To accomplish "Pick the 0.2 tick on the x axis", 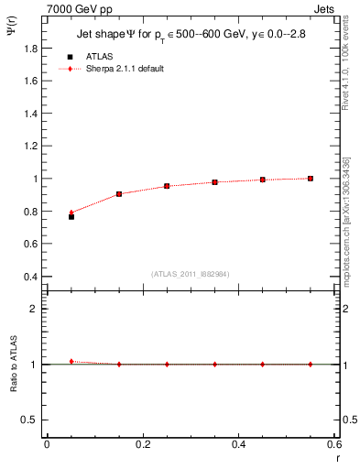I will coord(142,444).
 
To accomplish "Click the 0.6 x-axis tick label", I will coord(333,444).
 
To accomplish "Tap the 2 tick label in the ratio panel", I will coord(35,309).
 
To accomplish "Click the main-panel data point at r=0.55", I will coord(311,178).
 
